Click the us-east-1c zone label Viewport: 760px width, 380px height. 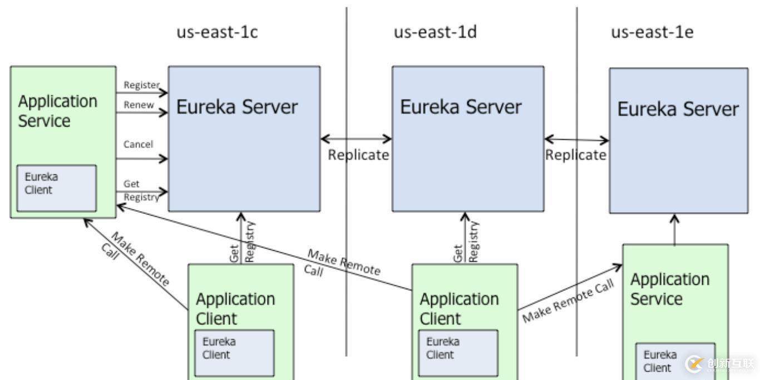(x=217, y=32)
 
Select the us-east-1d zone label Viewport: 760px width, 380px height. (x=436, y=32)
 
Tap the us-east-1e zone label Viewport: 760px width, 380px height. (x=653, y=32)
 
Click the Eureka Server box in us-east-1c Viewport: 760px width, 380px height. (x=244, y=139)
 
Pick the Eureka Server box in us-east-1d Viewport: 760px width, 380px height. (x=468, y=139)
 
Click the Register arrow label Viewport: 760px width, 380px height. (x=141, y=85)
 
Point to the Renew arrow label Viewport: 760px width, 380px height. (x=139, y=105)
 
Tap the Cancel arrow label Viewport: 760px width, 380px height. (x=138, y=144)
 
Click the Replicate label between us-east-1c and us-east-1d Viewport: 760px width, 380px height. (x=358, y=155)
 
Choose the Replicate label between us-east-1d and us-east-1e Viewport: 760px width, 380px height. (x=575, y=155)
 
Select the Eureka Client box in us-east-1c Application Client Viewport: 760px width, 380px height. (x=234, y=353)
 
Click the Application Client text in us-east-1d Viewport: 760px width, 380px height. (x=459, y=309)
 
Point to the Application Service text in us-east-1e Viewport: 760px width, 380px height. (x=669, y=289)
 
